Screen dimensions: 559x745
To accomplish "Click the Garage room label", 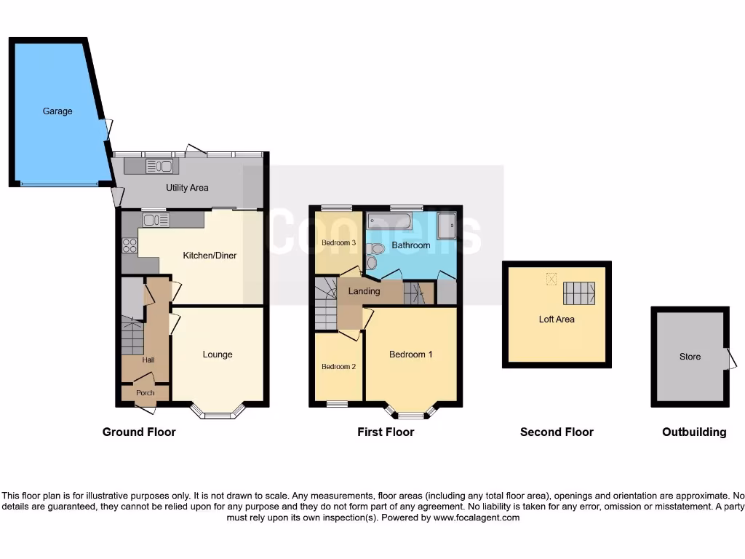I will [57, 111].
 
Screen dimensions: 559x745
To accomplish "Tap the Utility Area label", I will [187, 188].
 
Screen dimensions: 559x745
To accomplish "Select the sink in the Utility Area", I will [159, 167].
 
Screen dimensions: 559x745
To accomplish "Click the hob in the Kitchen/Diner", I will [130, 246].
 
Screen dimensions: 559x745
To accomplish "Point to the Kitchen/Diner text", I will [210, 255].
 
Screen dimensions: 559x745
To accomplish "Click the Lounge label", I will [218, 354].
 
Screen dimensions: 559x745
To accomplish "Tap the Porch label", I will [146, 393].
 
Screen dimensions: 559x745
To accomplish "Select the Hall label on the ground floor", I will [148, 360].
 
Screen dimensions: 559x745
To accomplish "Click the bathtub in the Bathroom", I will [389, 221].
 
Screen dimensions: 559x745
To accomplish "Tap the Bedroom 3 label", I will [338, 242].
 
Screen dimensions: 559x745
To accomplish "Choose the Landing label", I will [364, 291].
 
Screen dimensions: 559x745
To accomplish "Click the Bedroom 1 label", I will [411, 354].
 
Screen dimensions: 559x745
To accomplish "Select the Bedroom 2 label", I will [338, 367].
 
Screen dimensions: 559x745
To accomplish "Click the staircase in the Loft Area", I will [578, 293].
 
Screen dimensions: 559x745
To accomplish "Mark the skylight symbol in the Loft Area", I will [551, 278].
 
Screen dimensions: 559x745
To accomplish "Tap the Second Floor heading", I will [557, 432].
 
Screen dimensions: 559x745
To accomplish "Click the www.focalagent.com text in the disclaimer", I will [477, 518].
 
